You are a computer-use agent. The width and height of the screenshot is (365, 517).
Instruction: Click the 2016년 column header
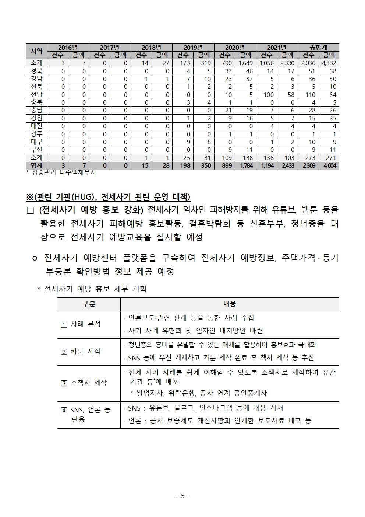[68, 48]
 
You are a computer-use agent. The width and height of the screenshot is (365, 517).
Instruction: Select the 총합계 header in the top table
[319, 48]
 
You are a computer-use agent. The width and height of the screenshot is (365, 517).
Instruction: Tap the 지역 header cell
[36, 51]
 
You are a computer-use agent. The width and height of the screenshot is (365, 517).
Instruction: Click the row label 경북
[36, 71]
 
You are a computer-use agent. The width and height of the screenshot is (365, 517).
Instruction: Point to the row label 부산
[36, 150]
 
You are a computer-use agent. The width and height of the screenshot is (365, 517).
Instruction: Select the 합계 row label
[36, 165]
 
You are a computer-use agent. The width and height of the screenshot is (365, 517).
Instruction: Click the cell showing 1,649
[245, 63]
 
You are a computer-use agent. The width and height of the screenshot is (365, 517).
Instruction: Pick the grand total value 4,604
[329, 166]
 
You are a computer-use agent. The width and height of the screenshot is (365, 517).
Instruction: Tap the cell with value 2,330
[287, 63]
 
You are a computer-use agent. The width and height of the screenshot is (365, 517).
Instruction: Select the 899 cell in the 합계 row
[227, 166]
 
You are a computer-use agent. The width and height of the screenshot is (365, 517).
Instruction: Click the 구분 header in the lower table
[88, 304]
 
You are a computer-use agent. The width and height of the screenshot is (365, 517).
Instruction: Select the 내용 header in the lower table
[229, 304]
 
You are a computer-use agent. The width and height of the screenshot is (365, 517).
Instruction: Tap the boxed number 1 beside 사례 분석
[64, 325]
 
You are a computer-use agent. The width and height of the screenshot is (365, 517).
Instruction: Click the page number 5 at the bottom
[182, 496]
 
